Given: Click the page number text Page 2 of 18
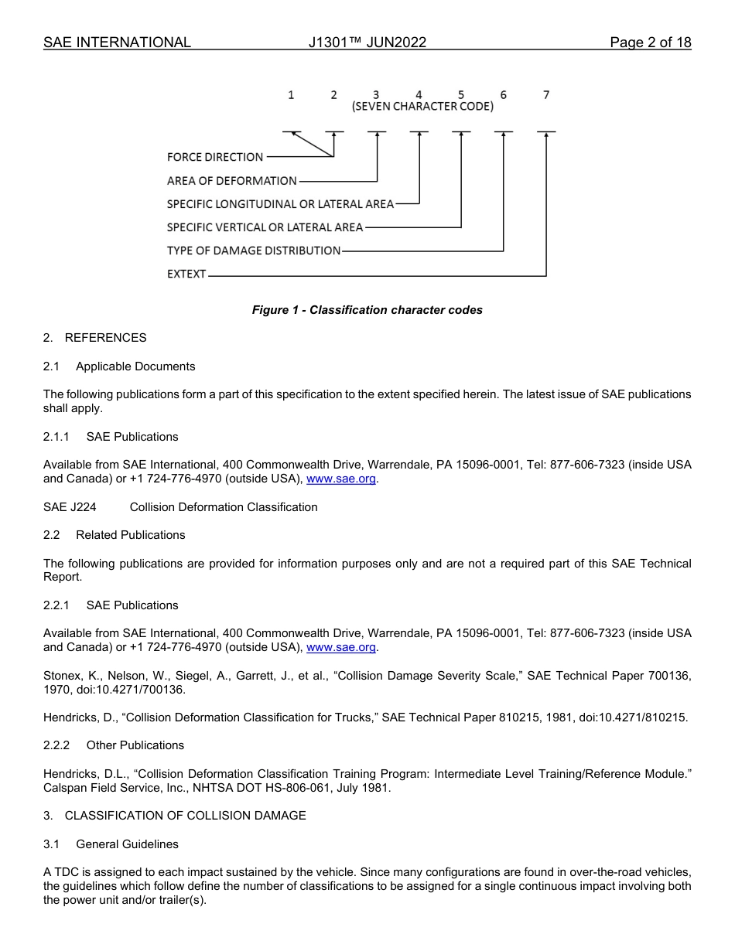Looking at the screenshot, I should click(x=650, y=43).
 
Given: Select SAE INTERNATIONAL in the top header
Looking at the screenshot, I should click(x=117, y=43).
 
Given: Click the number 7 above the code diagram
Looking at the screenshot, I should click(x=546, y=95).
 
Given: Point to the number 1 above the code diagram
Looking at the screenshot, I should click(x=291, y=95).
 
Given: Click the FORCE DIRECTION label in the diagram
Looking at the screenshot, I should click(x=215, y=157).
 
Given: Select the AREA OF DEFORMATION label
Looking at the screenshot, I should click(x=232, y=181).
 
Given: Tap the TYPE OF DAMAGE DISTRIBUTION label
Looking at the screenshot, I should click(x=254, y=251).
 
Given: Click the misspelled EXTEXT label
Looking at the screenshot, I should click(x=186, y=274).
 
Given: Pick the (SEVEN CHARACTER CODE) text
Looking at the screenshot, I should click(x=422, y=107).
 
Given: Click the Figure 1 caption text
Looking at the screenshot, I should click(x=367, y=310).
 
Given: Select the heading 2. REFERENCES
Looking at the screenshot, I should click(x=94, y=338).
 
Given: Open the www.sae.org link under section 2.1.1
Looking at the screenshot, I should click(x=341, y=479).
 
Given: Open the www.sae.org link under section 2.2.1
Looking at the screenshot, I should click(x=341, y=647).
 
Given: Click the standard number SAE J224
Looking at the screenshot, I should click(x=70, y=507).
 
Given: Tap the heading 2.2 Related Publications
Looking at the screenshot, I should click(x=115, y=535).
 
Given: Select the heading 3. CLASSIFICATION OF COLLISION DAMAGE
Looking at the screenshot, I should click(x=174, y=816).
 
